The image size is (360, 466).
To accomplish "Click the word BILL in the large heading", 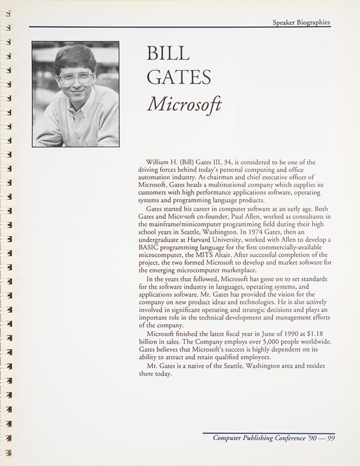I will pyautogui.click(x=168, y=54).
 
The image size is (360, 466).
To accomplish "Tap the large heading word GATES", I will pyautogui.click(x=179, y=78).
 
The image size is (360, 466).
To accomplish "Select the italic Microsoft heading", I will pyautogui.click(x=184, y=105).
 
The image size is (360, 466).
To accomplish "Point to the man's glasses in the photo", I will pyautogui.click(x=76, y=79).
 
